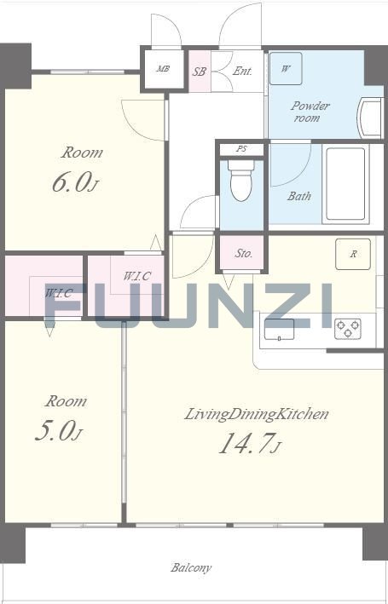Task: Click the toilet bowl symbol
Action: tap(242, 181)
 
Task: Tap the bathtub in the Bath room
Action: tap(345, 184)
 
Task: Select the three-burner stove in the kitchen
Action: tap(348, 329)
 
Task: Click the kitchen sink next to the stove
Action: tap(279, 331)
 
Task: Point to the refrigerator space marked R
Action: tap(353, 254)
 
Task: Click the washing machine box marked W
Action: tap(286, 68)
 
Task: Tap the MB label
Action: tap(164, 69)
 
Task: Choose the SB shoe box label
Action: tap(200, 72)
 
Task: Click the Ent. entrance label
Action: tap(242, 72)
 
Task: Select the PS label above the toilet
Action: tap(241, 149)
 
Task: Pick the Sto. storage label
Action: tap(244, 254)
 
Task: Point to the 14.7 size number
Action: tap(246, 443)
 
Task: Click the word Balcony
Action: tap(191, 567)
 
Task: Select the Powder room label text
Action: tap(310, 112)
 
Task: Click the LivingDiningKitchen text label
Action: tap(257, 415)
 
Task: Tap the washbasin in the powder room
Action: tap(370, 118)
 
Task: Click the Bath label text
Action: tap(299, 196)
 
